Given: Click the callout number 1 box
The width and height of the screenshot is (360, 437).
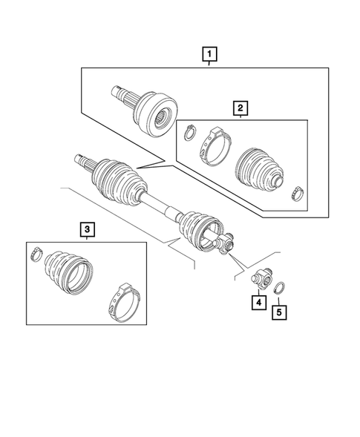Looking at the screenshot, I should (x=210, y=53).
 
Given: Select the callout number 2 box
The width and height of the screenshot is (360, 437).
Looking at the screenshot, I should (x=240, y=109).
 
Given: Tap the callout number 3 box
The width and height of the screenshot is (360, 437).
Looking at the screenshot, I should (x=87, y=231).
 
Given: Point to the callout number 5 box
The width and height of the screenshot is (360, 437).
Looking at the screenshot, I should (x=278, y=312).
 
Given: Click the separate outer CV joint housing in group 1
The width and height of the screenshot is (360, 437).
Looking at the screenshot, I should (x=152, y=110).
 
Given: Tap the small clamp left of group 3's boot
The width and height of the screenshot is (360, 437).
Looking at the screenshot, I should (x=36, y=256).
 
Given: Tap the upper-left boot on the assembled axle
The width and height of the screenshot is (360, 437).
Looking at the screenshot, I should (x=117, y=182).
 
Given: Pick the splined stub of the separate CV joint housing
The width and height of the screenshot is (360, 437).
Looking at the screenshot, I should (x=121, y=93).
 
